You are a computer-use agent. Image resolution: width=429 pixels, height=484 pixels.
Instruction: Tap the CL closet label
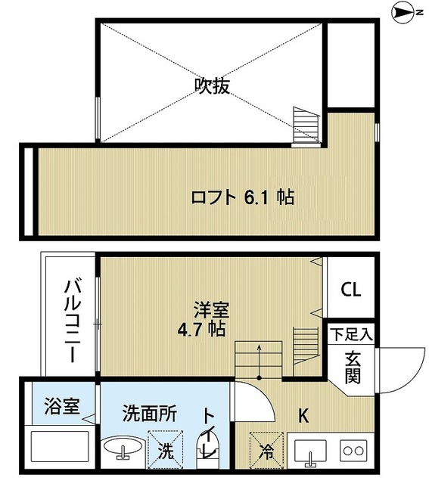(350, 290)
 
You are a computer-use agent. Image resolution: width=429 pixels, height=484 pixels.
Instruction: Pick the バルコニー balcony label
(73, 321)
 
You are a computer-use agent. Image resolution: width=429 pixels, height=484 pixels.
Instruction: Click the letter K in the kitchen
(303, 415)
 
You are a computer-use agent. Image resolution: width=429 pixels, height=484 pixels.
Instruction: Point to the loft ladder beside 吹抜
(307, 125)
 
